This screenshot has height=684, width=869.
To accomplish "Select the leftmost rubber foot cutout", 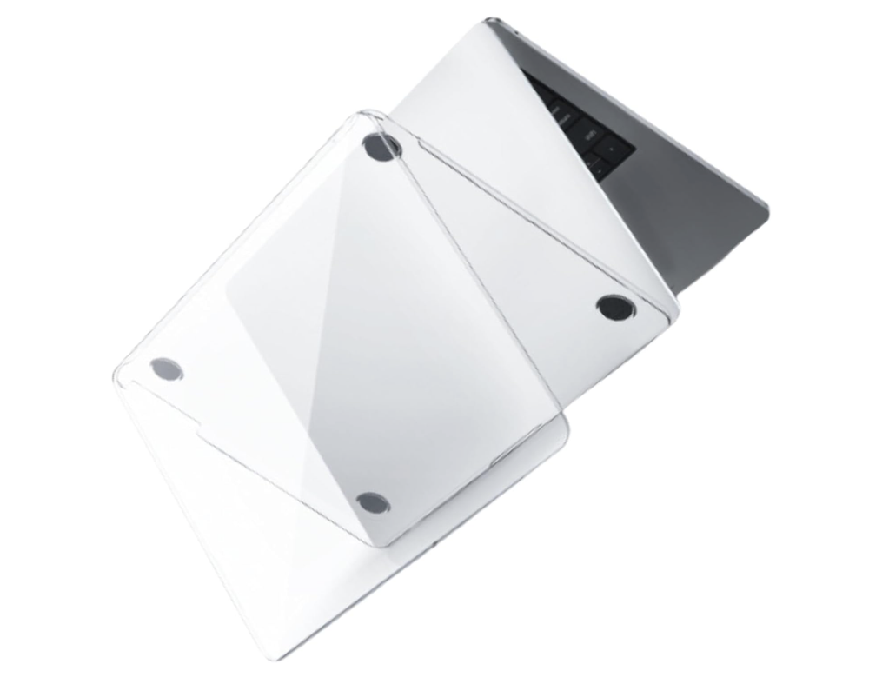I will coord(166,369).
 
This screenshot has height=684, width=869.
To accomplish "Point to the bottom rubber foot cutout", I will coord(372,501).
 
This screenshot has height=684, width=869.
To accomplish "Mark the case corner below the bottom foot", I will coord(382,542).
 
